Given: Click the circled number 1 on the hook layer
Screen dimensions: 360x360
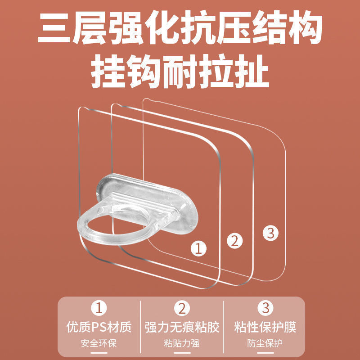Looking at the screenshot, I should [x=198, y=248].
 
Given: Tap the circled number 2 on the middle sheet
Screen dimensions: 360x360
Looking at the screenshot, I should [x=234, y=241].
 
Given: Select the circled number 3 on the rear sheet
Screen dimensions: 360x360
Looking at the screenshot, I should [x=270, y=233].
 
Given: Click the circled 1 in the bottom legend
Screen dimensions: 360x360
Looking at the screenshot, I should [x=99, y=308].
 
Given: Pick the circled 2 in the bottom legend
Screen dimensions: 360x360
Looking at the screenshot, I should [x=182, y=308].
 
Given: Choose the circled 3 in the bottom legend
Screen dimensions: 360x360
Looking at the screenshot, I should [x=265, y=308].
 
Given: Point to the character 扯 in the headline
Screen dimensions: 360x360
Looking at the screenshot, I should [x=252, y=72].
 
